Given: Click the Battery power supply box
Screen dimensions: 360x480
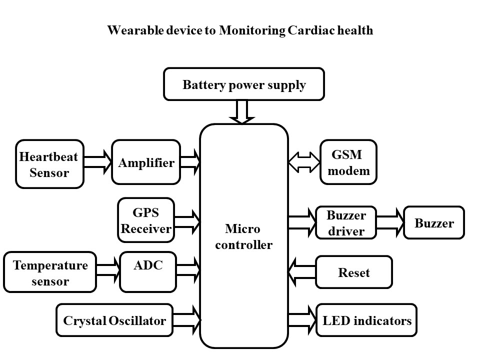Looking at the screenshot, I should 244,84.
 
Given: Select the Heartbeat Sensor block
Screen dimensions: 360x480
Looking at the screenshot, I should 49,164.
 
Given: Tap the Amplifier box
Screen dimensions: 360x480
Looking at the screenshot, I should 146,162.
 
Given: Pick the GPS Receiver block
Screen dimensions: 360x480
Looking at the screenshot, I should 146,220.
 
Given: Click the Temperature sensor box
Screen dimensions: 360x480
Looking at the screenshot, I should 49,272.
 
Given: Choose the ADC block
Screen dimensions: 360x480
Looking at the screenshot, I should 148,271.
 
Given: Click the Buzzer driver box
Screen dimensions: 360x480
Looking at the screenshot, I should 346,223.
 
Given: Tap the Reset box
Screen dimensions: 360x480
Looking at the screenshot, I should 353,272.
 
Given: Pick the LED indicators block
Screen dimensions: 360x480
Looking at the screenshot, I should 366,320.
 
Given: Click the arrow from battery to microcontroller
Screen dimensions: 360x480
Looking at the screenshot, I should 242,111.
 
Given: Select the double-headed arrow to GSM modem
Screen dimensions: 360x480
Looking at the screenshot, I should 304,162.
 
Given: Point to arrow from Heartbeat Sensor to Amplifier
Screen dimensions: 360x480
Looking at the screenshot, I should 97,163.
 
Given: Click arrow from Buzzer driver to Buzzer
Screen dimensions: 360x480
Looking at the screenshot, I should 390,223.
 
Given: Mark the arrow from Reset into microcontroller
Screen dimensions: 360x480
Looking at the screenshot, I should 302,272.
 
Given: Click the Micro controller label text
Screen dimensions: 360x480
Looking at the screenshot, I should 243,237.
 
